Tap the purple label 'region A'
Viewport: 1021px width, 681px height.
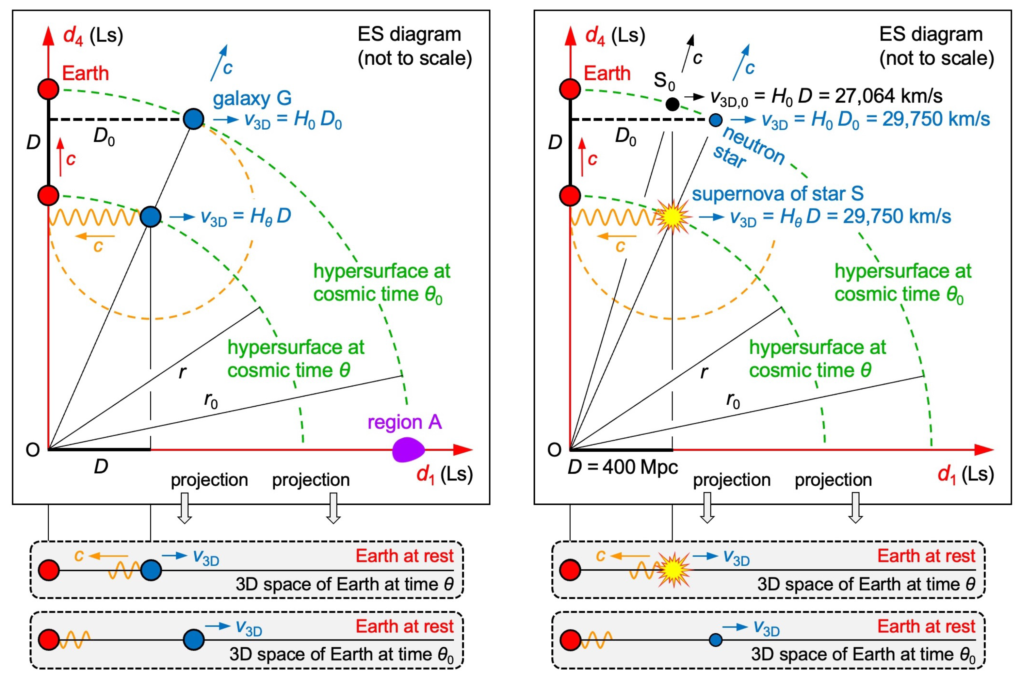pos(404,422)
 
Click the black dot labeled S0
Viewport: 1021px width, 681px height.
pos(672,104)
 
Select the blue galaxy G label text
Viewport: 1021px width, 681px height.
pos(252,99)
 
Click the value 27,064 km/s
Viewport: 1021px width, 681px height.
pos(888,96)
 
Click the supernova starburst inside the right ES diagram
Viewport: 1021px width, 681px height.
pos(672,217)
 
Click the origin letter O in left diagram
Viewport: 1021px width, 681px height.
pos(33,450)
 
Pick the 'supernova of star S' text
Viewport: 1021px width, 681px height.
pos(777,194)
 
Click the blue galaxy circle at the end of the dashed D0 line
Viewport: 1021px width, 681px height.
pos(193,119)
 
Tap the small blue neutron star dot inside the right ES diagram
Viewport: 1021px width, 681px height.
pos(715,120)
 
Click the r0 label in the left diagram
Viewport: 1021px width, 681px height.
pos(211,400)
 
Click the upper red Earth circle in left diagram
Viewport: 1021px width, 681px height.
pos(48,89)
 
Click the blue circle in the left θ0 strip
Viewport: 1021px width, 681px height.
pos(193,639)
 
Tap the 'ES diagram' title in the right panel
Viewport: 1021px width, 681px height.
pos(931,35)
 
